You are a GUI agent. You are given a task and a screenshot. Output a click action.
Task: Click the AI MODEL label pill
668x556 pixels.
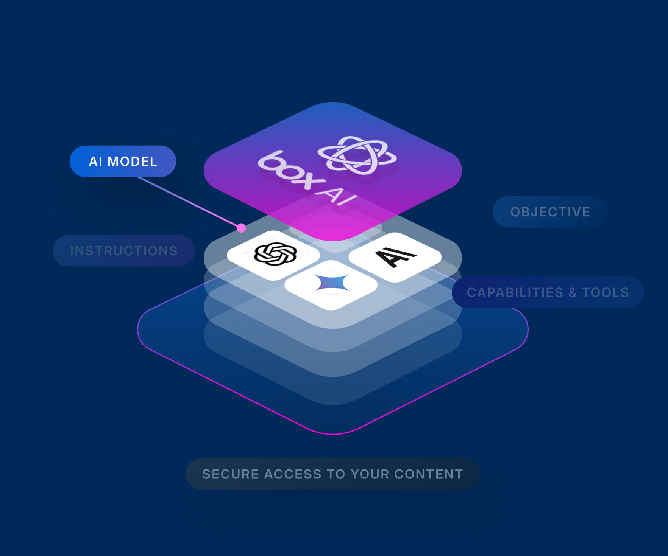[123, 162]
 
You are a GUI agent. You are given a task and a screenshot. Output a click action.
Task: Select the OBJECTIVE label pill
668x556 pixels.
[550, 212]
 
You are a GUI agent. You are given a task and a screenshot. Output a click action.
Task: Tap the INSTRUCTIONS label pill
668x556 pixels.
[124, 251]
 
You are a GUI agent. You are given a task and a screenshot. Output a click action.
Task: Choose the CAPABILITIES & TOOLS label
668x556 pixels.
[548, 292]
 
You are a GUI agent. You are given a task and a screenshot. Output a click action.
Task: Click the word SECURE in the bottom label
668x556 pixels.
[230, 474]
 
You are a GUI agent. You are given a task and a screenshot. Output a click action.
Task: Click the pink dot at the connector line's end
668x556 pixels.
[241, 228]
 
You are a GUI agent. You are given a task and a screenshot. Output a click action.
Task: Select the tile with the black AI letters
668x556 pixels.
[395, 257]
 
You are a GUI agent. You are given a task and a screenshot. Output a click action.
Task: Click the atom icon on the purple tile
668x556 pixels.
[357, 155]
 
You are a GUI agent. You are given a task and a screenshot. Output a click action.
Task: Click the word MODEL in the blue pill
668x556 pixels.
[132, 162]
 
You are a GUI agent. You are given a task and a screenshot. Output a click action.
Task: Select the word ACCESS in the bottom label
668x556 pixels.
[292, 474]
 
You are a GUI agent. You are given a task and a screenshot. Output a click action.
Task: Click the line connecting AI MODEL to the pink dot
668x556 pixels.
[189, 202]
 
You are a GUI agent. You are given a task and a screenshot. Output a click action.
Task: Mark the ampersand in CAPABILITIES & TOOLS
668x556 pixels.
[572, 292]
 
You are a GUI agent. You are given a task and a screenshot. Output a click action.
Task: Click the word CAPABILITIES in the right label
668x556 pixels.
[515, 292]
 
